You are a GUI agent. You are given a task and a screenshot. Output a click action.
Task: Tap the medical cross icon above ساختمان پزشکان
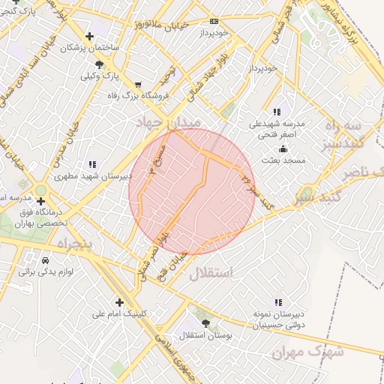pos(90,35)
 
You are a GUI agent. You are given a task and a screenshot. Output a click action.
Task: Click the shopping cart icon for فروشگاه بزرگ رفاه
pos(137,84)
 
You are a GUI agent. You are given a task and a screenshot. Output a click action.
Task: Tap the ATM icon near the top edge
pos(214,21)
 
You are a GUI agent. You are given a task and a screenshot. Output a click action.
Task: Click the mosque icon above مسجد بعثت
pos(282,149)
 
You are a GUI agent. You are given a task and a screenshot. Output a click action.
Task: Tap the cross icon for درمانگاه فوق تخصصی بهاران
pos(40,201)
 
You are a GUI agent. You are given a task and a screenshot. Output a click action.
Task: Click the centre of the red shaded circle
pos(192,192)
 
